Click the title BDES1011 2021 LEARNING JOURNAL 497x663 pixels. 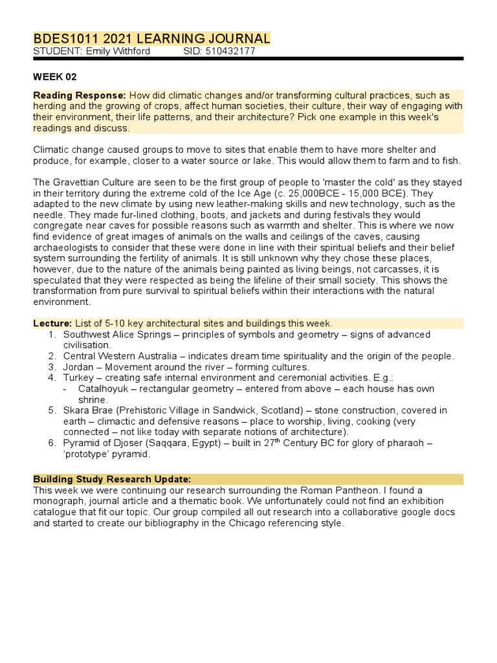(x=152, y=39)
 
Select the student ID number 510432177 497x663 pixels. (x=231, y=51)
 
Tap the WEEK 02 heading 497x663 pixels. (x=55, y=76)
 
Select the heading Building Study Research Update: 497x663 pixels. (x=112, y=479)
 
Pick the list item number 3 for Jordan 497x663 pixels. (x=52, y=366)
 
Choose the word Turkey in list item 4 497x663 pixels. (x=78, y=377)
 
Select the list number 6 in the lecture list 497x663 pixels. (x=52, y=444)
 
